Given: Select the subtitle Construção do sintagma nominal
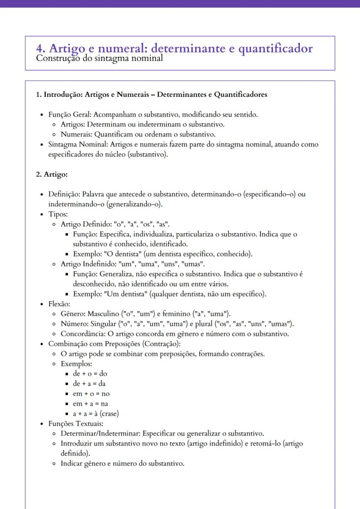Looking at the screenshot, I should tap(100, 58).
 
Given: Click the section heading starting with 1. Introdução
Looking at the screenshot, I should tap(151, 95).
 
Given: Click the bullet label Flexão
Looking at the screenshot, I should tap(59, 304).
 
